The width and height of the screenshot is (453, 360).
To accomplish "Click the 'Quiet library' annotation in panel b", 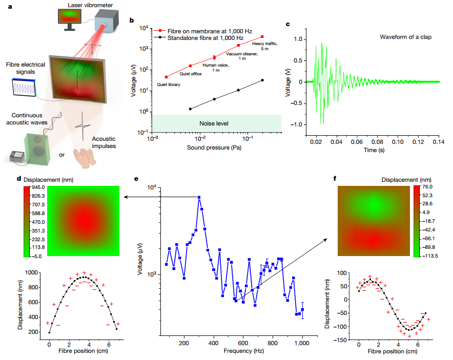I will pos(168,84).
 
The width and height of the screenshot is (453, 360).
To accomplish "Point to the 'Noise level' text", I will pos(214,123).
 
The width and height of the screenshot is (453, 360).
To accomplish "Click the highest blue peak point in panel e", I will pos(199,197).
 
